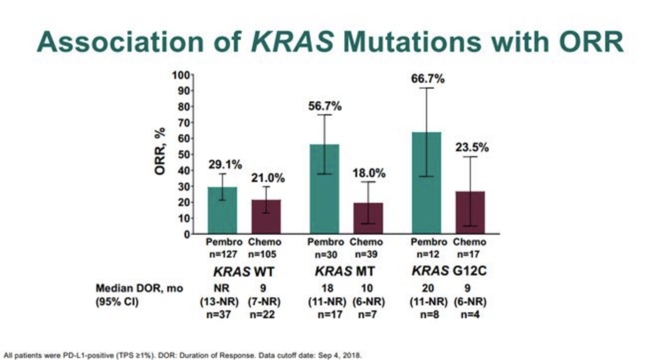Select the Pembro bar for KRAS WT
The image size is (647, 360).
coord(222,210)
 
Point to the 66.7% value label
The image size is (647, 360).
coord(428,78)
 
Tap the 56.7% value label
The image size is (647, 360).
coord(325,106)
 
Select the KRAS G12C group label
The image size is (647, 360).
coord(449,271)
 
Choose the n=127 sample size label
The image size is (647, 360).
coord(224,253)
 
